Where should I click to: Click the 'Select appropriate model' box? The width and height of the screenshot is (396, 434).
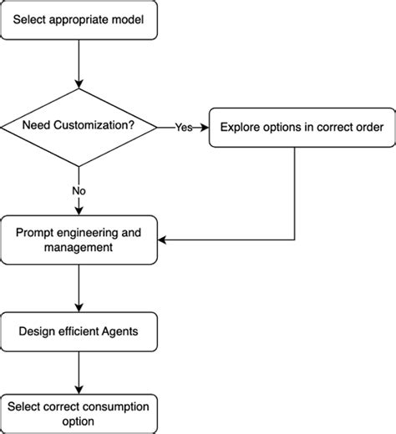(x=79, y=20)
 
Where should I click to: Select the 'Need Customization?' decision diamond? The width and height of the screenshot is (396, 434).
(x=79, y=128)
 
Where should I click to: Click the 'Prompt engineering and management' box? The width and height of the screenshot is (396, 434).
(x=79, y=240)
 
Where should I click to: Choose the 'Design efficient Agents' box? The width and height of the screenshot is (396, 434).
(x=79, y=331)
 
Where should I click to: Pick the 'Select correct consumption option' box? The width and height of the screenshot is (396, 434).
(x=79, y=413)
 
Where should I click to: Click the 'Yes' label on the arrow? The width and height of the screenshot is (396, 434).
(x=183, y=128)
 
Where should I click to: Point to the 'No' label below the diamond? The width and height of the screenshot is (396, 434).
(x=79, y=191)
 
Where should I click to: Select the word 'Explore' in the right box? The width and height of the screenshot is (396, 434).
(x=240, y=128)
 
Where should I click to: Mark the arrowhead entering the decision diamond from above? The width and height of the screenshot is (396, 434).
(x=79, y=83)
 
